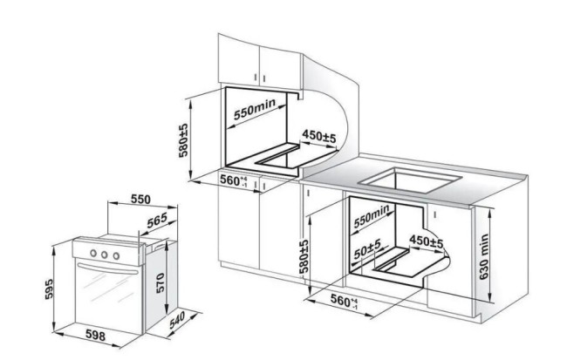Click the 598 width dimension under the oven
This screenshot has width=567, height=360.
[95, 336]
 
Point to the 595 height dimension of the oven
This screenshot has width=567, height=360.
[49, 289]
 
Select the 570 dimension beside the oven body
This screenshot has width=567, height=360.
[160, 282]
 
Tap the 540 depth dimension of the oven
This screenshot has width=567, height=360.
[177, 320]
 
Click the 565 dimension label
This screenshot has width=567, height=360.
[157, 221]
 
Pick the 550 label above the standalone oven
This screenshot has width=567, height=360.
[140, 199]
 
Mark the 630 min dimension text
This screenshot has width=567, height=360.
[484, 257]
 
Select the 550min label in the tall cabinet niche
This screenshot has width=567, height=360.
[255, 109]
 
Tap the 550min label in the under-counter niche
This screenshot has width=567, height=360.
[372, 216]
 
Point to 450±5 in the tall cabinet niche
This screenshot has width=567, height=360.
[319, 136]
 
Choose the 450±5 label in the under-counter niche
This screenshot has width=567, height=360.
[426, 241]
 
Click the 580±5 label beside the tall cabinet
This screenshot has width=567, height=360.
[184, 140]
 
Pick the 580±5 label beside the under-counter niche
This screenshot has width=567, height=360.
[304, 256]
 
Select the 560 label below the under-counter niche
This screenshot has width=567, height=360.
[344, 301]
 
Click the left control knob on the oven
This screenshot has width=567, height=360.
[93, 253]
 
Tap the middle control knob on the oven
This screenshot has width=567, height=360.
[105, 255]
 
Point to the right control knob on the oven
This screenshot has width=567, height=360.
[116, 256]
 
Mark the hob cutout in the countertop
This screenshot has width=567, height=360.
[411, 180]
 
